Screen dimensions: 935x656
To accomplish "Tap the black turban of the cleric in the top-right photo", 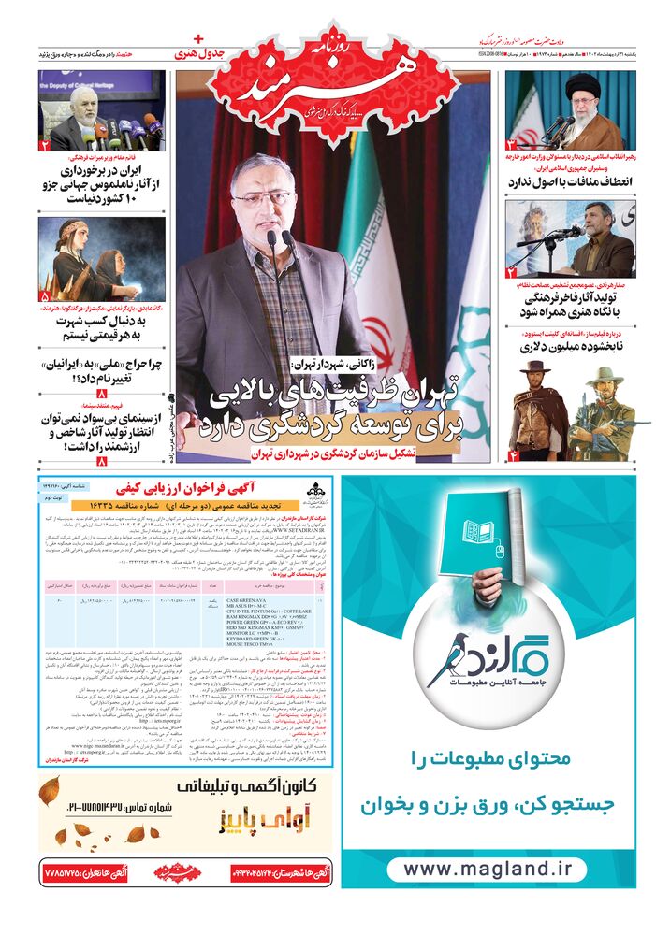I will click(x=581, y=82).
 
